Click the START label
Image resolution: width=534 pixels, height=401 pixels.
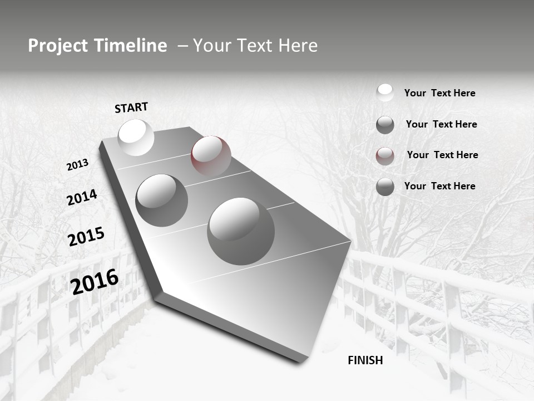(131, 107)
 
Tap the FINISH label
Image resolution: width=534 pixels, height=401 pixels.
(365, 360)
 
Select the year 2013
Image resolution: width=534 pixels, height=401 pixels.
(78, 164)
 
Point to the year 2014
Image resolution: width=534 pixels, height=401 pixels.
(82, 197)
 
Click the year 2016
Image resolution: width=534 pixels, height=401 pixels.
(95, 281)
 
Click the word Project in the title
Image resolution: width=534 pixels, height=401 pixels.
(58, 46)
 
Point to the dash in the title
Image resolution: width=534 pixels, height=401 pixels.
(182, 46)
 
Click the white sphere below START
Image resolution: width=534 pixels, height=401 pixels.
(136, 137)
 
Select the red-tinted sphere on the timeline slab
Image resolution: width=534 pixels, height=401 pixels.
(211, 155)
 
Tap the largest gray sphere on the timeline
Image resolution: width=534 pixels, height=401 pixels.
(241, 231)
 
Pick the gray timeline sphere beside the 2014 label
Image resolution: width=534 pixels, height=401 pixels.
(162, 200)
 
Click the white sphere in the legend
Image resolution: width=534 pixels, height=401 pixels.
(385, 92)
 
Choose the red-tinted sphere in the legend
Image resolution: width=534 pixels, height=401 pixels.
(385, 155)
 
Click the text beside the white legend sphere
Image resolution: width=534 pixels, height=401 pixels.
(439, 93)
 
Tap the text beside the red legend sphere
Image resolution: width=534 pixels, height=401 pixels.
(442, 155)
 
